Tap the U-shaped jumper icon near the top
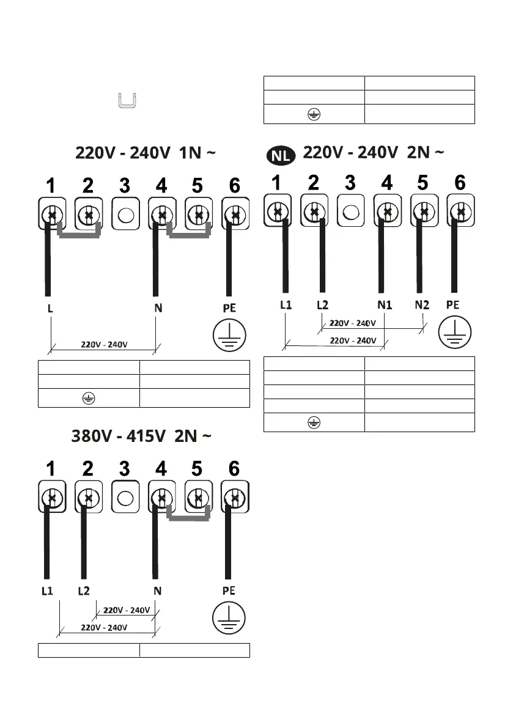tap(126, 100)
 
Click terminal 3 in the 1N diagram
tap(125, 215)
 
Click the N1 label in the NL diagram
tap(385, 304)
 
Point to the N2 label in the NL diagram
tap(422, 304)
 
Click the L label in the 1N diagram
tap(50, 309)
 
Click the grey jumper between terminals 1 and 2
tap(79, 232)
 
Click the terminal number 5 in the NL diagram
tap(423, 182)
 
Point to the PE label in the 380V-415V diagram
tap(229, 591)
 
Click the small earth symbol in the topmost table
tap(314, 114)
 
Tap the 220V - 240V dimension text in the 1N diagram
tap(105, 344)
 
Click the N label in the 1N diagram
tap(158, 309)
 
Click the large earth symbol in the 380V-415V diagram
tap(228, 618)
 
